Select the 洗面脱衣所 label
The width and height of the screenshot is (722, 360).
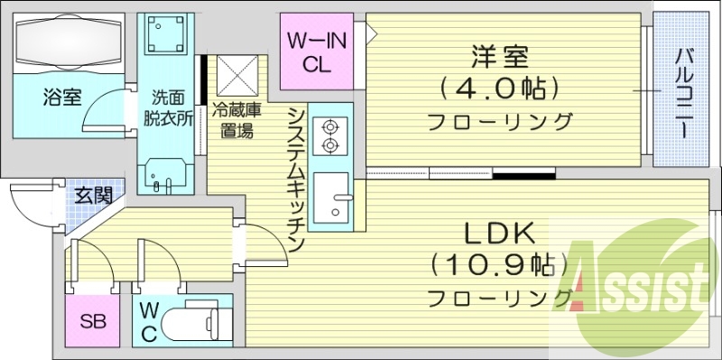pos(168,109)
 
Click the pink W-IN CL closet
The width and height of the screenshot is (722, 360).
pos(310,51)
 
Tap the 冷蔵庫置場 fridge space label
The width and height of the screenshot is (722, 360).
pos(237,122)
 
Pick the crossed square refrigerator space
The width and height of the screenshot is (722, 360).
pos(237,77)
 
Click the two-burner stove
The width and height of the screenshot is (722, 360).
pos(328,136)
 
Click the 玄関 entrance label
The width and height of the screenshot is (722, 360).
pos(93,195)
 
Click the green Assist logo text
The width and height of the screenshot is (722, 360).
pos(637,287)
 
